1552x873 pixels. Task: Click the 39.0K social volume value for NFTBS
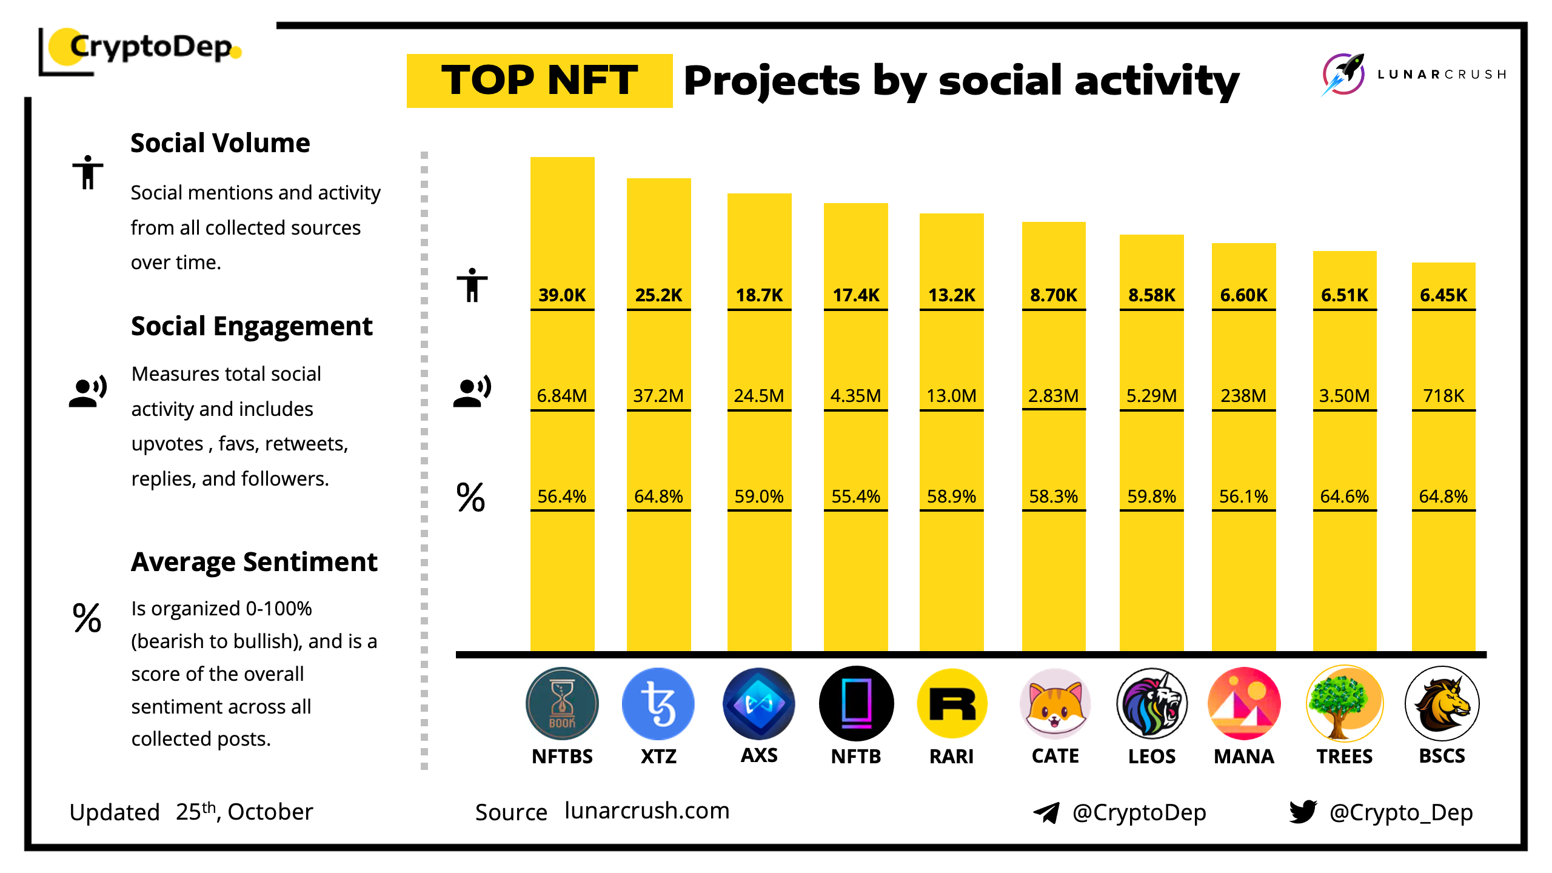tap(562, 295)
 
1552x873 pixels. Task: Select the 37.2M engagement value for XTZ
tap(658, 396)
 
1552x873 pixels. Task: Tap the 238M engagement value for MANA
tap(1243, 396)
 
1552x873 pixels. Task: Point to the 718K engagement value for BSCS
tap(1443, 396)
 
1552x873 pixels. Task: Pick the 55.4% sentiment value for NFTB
tap(855, 497)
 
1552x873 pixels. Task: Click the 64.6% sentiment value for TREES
tap(1344, 497)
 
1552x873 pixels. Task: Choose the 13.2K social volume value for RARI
tap(952, 295)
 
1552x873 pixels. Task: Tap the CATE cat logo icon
tap(1055, 704)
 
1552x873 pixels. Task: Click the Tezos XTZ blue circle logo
tap(658, 704)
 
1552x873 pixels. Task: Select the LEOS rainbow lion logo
tap(1152, 704)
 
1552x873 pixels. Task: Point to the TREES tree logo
tap(1345, 704)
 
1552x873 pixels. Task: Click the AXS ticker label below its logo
tap(759, 755)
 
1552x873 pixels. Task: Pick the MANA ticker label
tap(1244, 757)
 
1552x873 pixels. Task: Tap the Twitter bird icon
tap(1303, 811)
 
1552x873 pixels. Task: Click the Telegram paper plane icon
tap(1046, 812)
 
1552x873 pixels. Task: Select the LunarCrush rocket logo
tap(1343, 75)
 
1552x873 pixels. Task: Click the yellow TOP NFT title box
tap(540, 81)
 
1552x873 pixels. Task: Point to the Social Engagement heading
tap(252, 326)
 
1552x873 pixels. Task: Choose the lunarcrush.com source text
tap(647, 811)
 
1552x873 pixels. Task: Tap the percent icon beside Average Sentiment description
tap(87, 618)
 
